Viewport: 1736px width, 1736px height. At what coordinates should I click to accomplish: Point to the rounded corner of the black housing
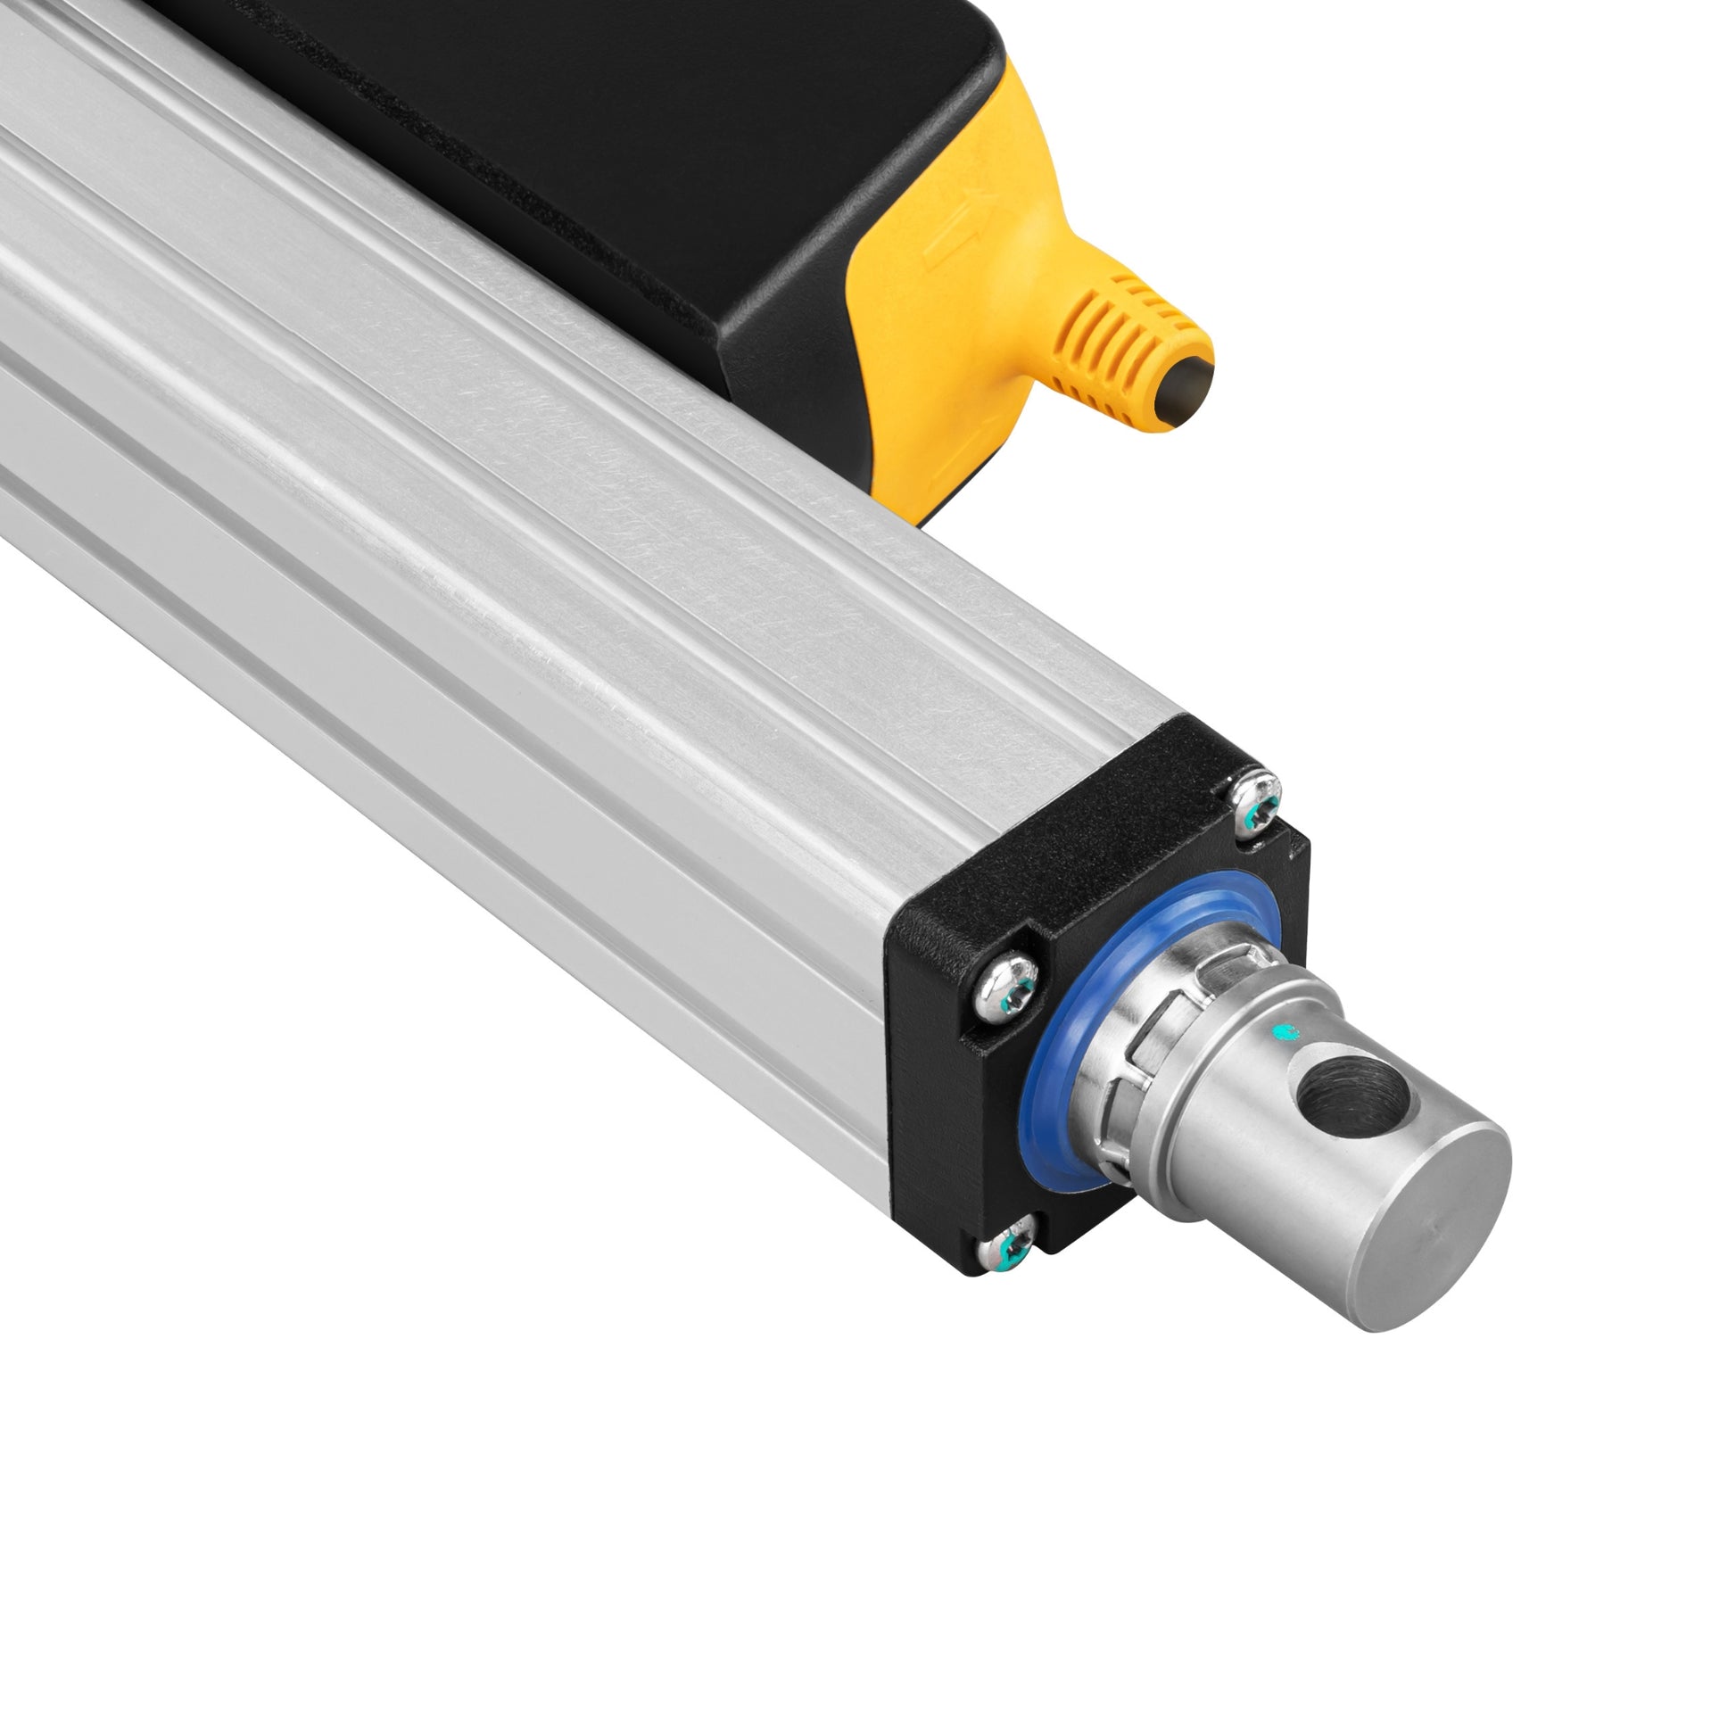[764, 351]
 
